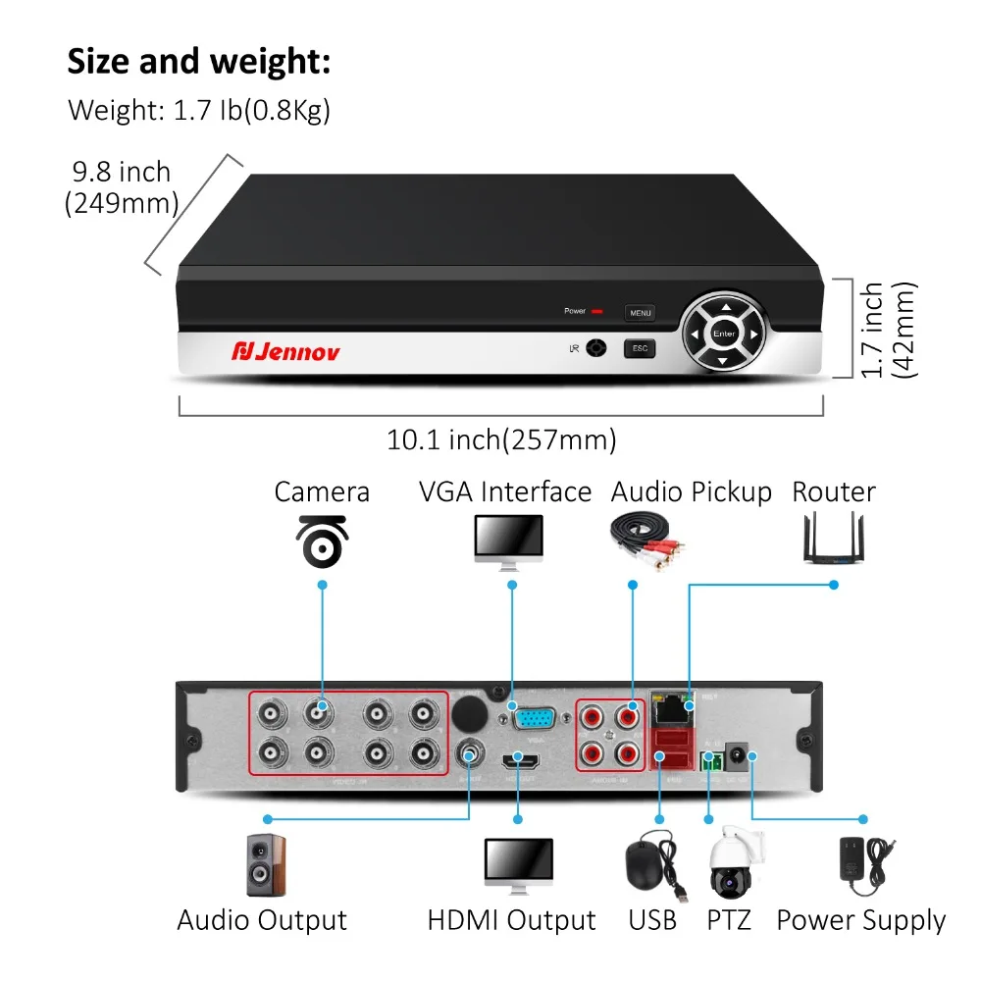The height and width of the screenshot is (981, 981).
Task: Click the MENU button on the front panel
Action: [641, 313]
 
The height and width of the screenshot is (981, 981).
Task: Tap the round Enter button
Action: [724, 334]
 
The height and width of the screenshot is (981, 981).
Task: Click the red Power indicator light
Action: [597, 312]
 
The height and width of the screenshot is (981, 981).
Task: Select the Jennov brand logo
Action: [285, 350]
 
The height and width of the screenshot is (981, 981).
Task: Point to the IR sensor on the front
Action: [595, 348]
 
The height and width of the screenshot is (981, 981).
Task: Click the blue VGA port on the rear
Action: [533, 719]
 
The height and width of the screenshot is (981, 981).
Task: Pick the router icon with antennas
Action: [833, 539]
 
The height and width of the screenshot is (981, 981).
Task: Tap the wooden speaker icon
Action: [266, 864]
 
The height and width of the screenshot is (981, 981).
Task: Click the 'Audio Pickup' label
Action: [692, 491]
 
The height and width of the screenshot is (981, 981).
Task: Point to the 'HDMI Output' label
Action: [511, 920]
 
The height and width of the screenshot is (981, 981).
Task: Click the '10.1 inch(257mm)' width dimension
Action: [501, 439]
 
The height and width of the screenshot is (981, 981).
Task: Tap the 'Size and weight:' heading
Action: [199, 62]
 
